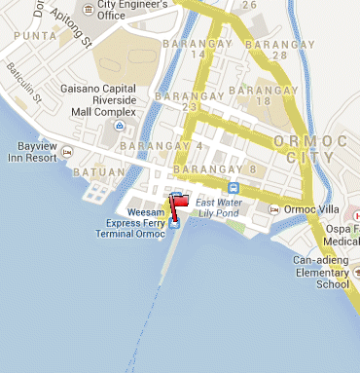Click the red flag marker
point(181,201)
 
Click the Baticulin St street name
point(21,83)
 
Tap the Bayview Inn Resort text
point(33,151)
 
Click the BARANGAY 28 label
point(272,50)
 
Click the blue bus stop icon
point(234,187)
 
